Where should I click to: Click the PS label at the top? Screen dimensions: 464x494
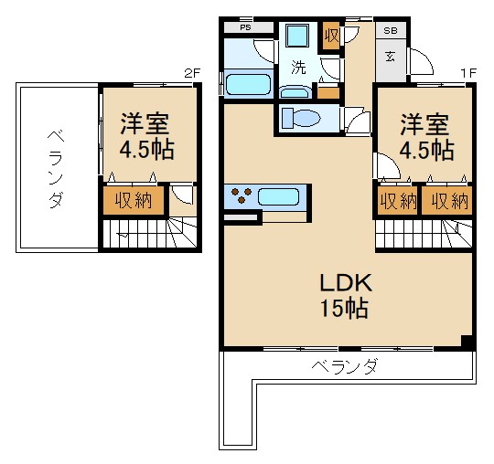pos(244,27)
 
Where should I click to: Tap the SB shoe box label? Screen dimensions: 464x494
pos(390,28)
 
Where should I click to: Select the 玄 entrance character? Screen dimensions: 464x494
pos(390,56)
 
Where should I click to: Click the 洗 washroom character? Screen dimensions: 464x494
pos(298,67)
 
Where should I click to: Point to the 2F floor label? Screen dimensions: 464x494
pos(191,73)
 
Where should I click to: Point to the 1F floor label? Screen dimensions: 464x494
pos(467,73)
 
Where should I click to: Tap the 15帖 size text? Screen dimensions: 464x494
pos(343,309)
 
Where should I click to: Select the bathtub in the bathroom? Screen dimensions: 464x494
pos(247,86)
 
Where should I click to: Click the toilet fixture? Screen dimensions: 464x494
pos(299,118)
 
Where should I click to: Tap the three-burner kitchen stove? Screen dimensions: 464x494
pos(243,195)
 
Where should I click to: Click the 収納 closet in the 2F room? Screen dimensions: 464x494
pos(133,200)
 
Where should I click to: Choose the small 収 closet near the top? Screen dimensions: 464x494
pos(330,36)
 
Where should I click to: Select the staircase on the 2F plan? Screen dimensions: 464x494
pos(137,235)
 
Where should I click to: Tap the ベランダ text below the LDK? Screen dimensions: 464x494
pos(344,367)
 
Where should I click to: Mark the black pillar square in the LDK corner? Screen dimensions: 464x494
pos(467,343)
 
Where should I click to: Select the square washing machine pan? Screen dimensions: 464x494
pos(297,36)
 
